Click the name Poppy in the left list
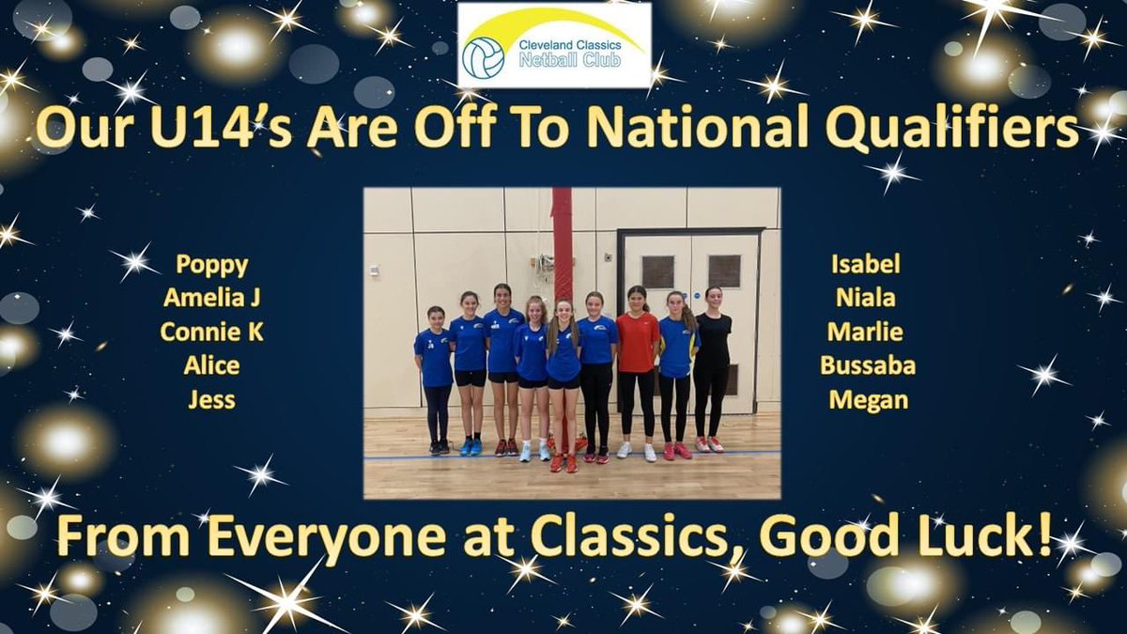point(211,266)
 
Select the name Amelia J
point(211,300)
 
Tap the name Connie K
point(211,332)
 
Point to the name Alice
point(211,366)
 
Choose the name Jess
point(211,400)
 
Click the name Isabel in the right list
point(866,265)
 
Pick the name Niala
point(866,299)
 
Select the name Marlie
point(866,332)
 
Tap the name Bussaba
point(866,366)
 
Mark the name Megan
point(866,400)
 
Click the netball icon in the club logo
point(484,58)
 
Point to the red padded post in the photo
point(562,244)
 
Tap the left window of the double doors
point(657,271)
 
